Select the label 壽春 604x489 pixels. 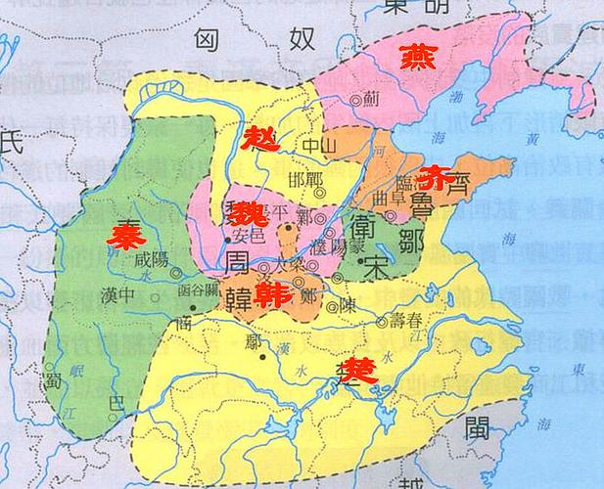[x=407, y=319]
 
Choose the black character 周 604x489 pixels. [x=241, y=265]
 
